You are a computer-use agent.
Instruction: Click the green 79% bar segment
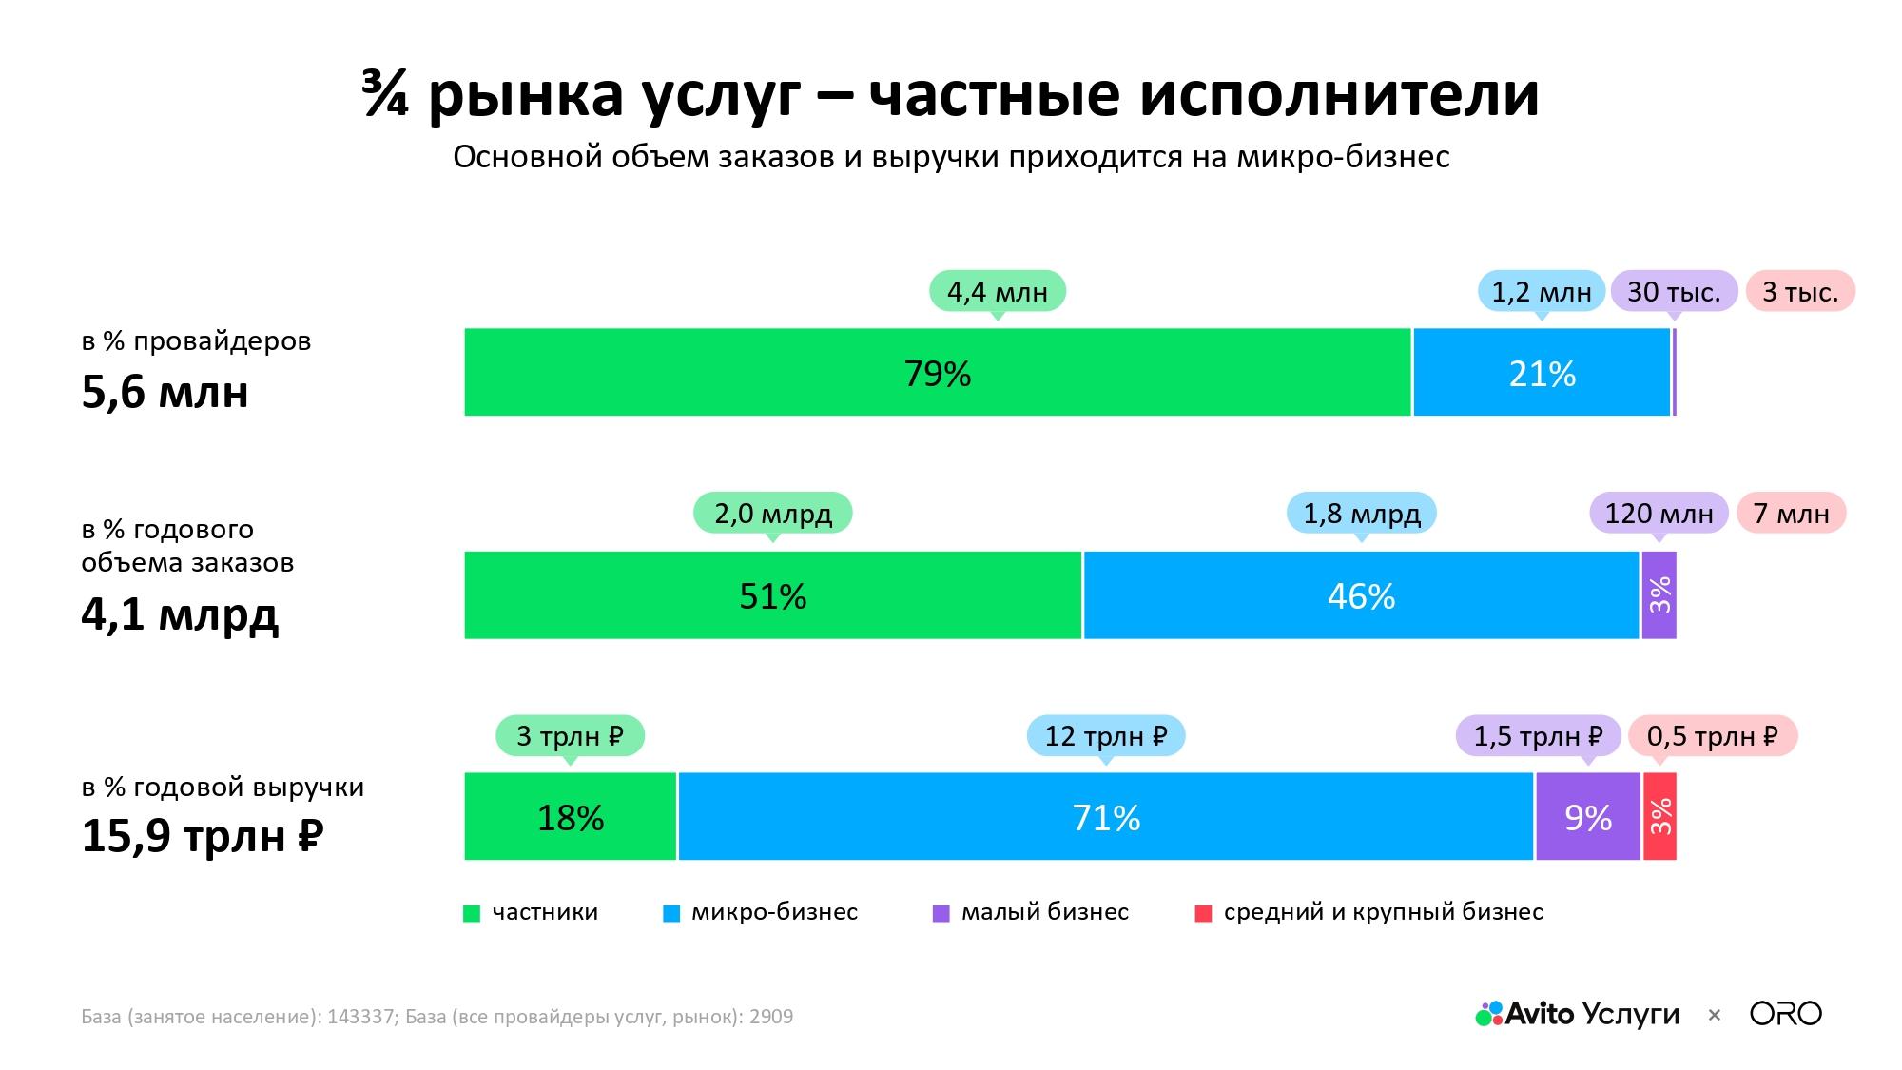point(937,372)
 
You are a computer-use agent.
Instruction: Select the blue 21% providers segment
point(1542,372)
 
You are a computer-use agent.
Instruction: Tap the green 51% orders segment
point(772,595)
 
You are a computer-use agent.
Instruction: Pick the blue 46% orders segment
point(1361,595)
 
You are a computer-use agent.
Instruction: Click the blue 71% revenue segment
point(1106,817)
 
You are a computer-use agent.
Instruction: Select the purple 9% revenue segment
point(1588,817)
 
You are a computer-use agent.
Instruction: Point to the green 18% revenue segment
point(570,817)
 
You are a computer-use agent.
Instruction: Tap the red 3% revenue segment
point(1659,817)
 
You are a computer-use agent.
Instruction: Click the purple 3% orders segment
point(1659,595)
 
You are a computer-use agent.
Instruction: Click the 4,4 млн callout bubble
point(997,292)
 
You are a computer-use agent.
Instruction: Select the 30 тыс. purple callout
point(1674,292)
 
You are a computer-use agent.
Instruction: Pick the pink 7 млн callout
point(1792,514)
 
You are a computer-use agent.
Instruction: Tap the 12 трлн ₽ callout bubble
point(1106,736)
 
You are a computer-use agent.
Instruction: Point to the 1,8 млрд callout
point(1361,514)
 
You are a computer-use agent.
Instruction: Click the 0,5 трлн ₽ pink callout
point(1713,736)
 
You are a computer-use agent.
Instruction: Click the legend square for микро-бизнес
point(671,914)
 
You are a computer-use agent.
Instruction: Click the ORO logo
point(1786,1014)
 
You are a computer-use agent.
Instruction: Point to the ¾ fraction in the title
point(385,94)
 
